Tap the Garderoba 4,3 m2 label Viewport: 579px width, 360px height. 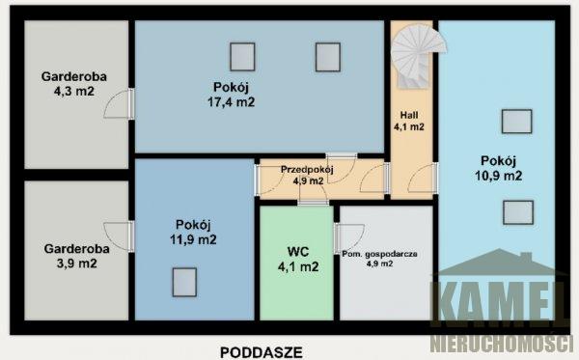(x=74, y=84)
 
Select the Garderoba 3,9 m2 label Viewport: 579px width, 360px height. (x=77, y=256)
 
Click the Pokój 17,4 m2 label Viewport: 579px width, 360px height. (x=232, y=95)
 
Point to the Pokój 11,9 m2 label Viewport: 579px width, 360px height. (x=193, y=232)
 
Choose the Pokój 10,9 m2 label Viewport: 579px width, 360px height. (x=499, y=168)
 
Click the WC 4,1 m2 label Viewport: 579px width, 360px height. (x=298, y=260)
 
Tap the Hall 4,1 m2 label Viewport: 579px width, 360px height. (x=409, y=121)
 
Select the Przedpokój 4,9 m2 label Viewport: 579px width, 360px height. (x=308, y=175)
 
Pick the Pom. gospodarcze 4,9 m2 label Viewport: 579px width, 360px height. (x=379, y=259)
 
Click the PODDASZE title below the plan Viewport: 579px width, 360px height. (x=262, y=352)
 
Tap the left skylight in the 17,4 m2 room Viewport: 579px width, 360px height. (x=242, y=57)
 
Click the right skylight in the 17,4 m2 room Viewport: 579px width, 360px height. (x=328, y=57)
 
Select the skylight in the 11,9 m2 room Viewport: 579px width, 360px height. (x=184, y=283)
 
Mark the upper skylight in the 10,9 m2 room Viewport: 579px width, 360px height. (x=517, y=122)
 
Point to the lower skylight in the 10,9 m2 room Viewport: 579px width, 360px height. (x=518, y=212)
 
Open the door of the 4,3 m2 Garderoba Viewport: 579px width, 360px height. (x=119, y=103)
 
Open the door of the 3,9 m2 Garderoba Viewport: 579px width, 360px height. (x=119, y=236)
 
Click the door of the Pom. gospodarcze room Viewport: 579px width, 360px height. (x=349, y=238)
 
